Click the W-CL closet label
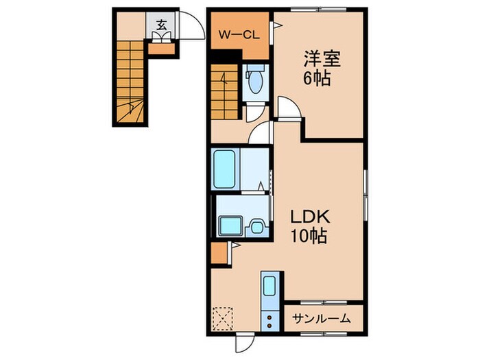[x=239, y=35]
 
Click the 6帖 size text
[x=317, y=79]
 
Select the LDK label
[x=309, y=217]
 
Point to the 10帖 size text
[x=309, y=236]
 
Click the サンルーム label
[x=321, y=320]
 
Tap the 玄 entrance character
[x=161, y=25]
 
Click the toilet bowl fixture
[x=255, y=80]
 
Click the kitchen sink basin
[x=269, y=286]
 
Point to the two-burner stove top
[x=269, y=321]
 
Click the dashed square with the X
[x=223, y=319]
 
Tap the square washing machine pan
[x=231, y=226]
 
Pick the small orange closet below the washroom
[x=219, y=253]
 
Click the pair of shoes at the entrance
[x=161, y=37]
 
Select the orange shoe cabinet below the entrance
[x=162, y=49]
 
